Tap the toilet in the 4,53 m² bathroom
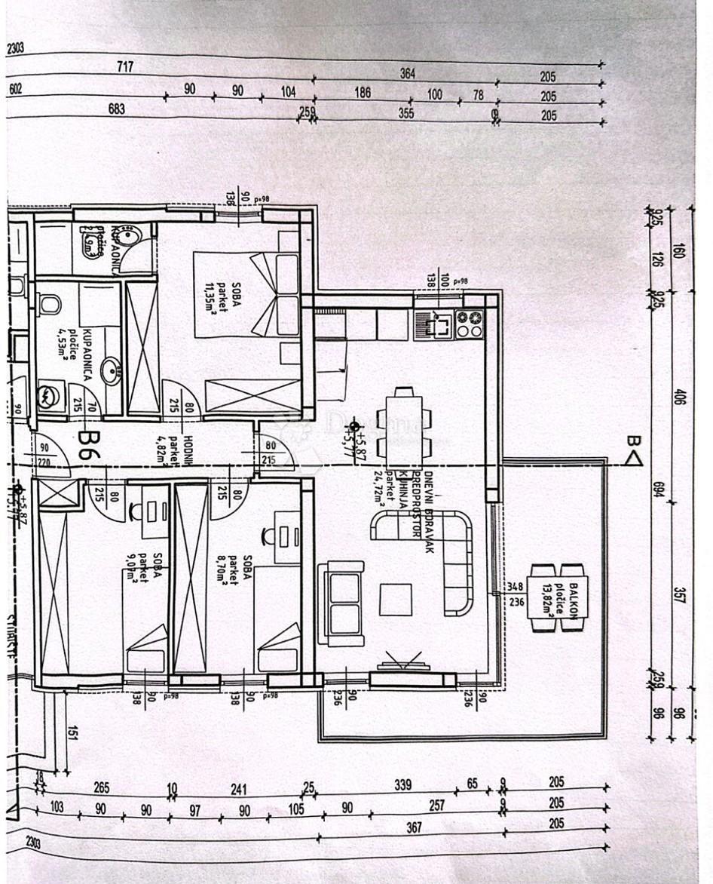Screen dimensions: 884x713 [50, 304]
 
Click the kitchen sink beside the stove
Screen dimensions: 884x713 [435, 324]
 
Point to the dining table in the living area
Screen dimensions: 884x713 [404, 426]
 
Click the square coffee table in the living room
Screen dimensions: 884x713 [396, 600]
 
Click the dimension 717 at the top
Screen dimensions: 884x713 [125, 67]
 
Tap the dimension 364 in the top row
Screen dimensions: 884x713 [408, 73]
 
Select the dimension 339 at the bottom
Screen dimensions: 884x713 [402, 785]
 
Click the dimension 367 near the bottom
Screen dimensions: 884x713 [415, 827]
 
